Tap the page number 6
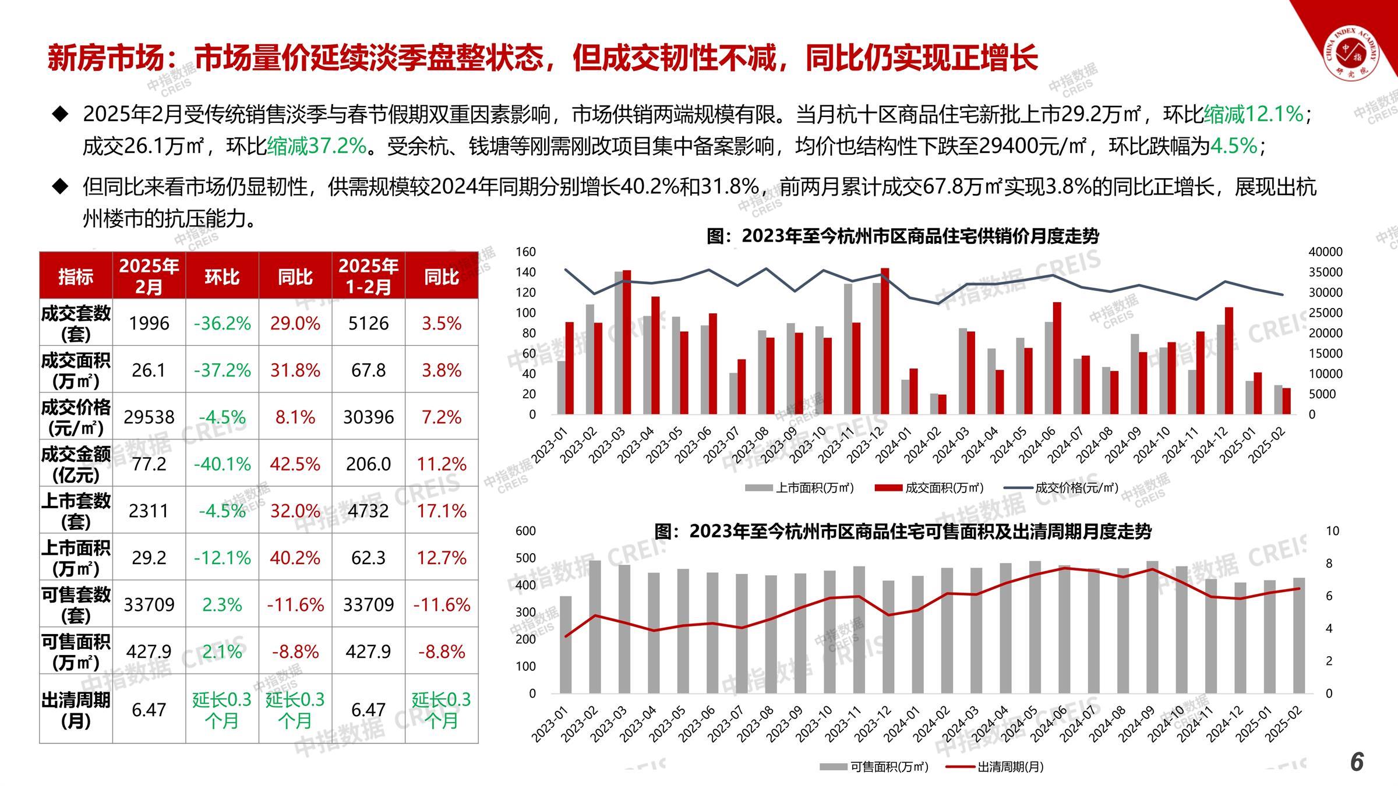[1357, 762]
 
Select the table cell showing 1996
[149, 323]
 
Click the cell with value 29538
[149, 417]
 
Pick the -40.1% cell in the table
[222, 464]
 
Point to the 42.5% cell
[295, 464]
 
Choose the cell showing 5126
[368, 323]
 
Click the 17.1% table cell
[442, 511]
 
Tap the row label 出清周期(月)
[76, 709]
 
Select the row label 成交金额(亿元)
[76, 464]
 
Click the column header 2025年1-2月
[368, 276]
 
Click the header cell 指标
[76, 277]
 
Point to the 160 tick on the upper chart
[525, 252]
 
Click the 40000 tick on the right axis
[1325, 252]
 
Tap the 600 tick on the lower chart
[525, 531]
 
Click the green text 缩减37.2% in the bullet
[317, 146]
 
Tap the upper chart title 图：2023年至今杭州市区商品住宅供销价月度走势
[902, 236]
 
